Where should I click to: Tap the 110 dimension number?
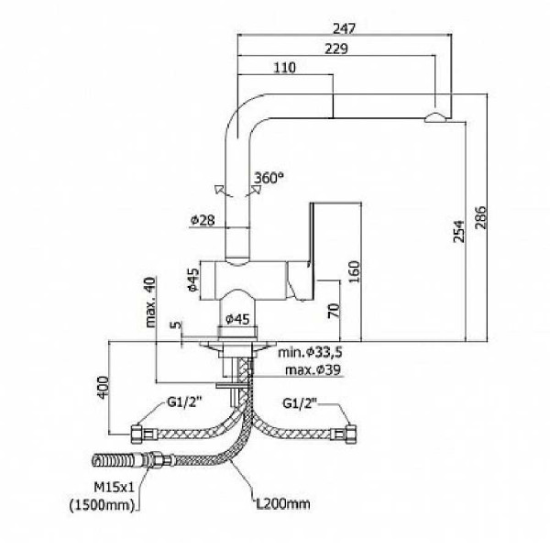point(285,68)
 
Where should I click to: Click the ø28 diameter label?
point(203,220)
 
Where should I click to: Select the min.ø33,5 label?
point(312,352)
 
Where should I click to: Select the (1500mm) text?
point(103,504)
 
